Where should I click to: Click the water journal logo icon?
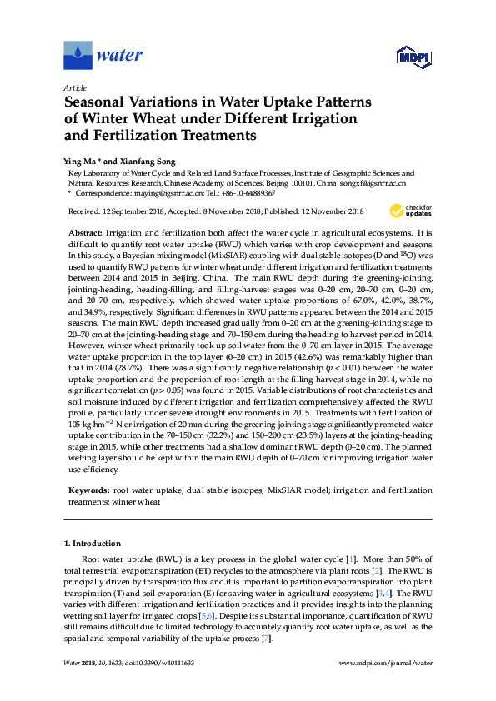78,56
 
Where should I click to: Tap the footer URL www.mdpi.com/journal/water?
388,663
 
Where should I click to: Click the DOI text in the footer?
154,663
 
